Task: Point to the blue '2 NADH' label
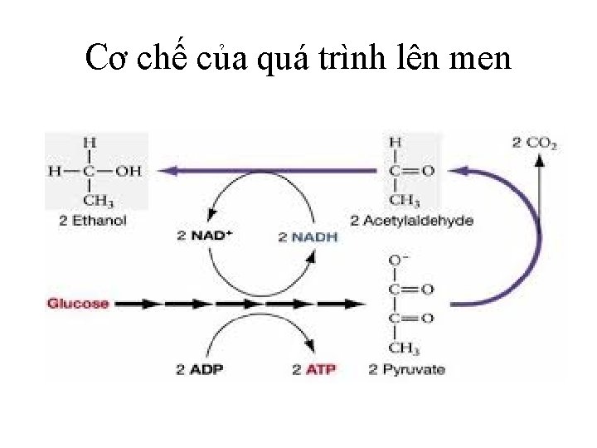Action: point(308,236)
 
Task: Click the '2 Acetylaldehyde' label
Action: point(411,221)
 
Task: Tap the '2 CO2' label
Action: point(535,144)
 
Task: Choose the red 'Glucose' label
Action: point(78,304)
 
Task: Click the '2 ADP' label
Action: point(200,369)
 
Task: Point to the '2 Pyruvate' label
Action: point(406,369)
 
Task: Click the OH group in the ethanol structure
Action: point(128,172)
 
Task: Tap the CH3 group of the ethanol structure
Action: point(99,201)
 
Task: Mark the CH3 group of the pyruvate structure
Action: point(404,348)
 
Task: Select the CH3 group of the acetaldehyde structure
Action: point(404,201)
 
